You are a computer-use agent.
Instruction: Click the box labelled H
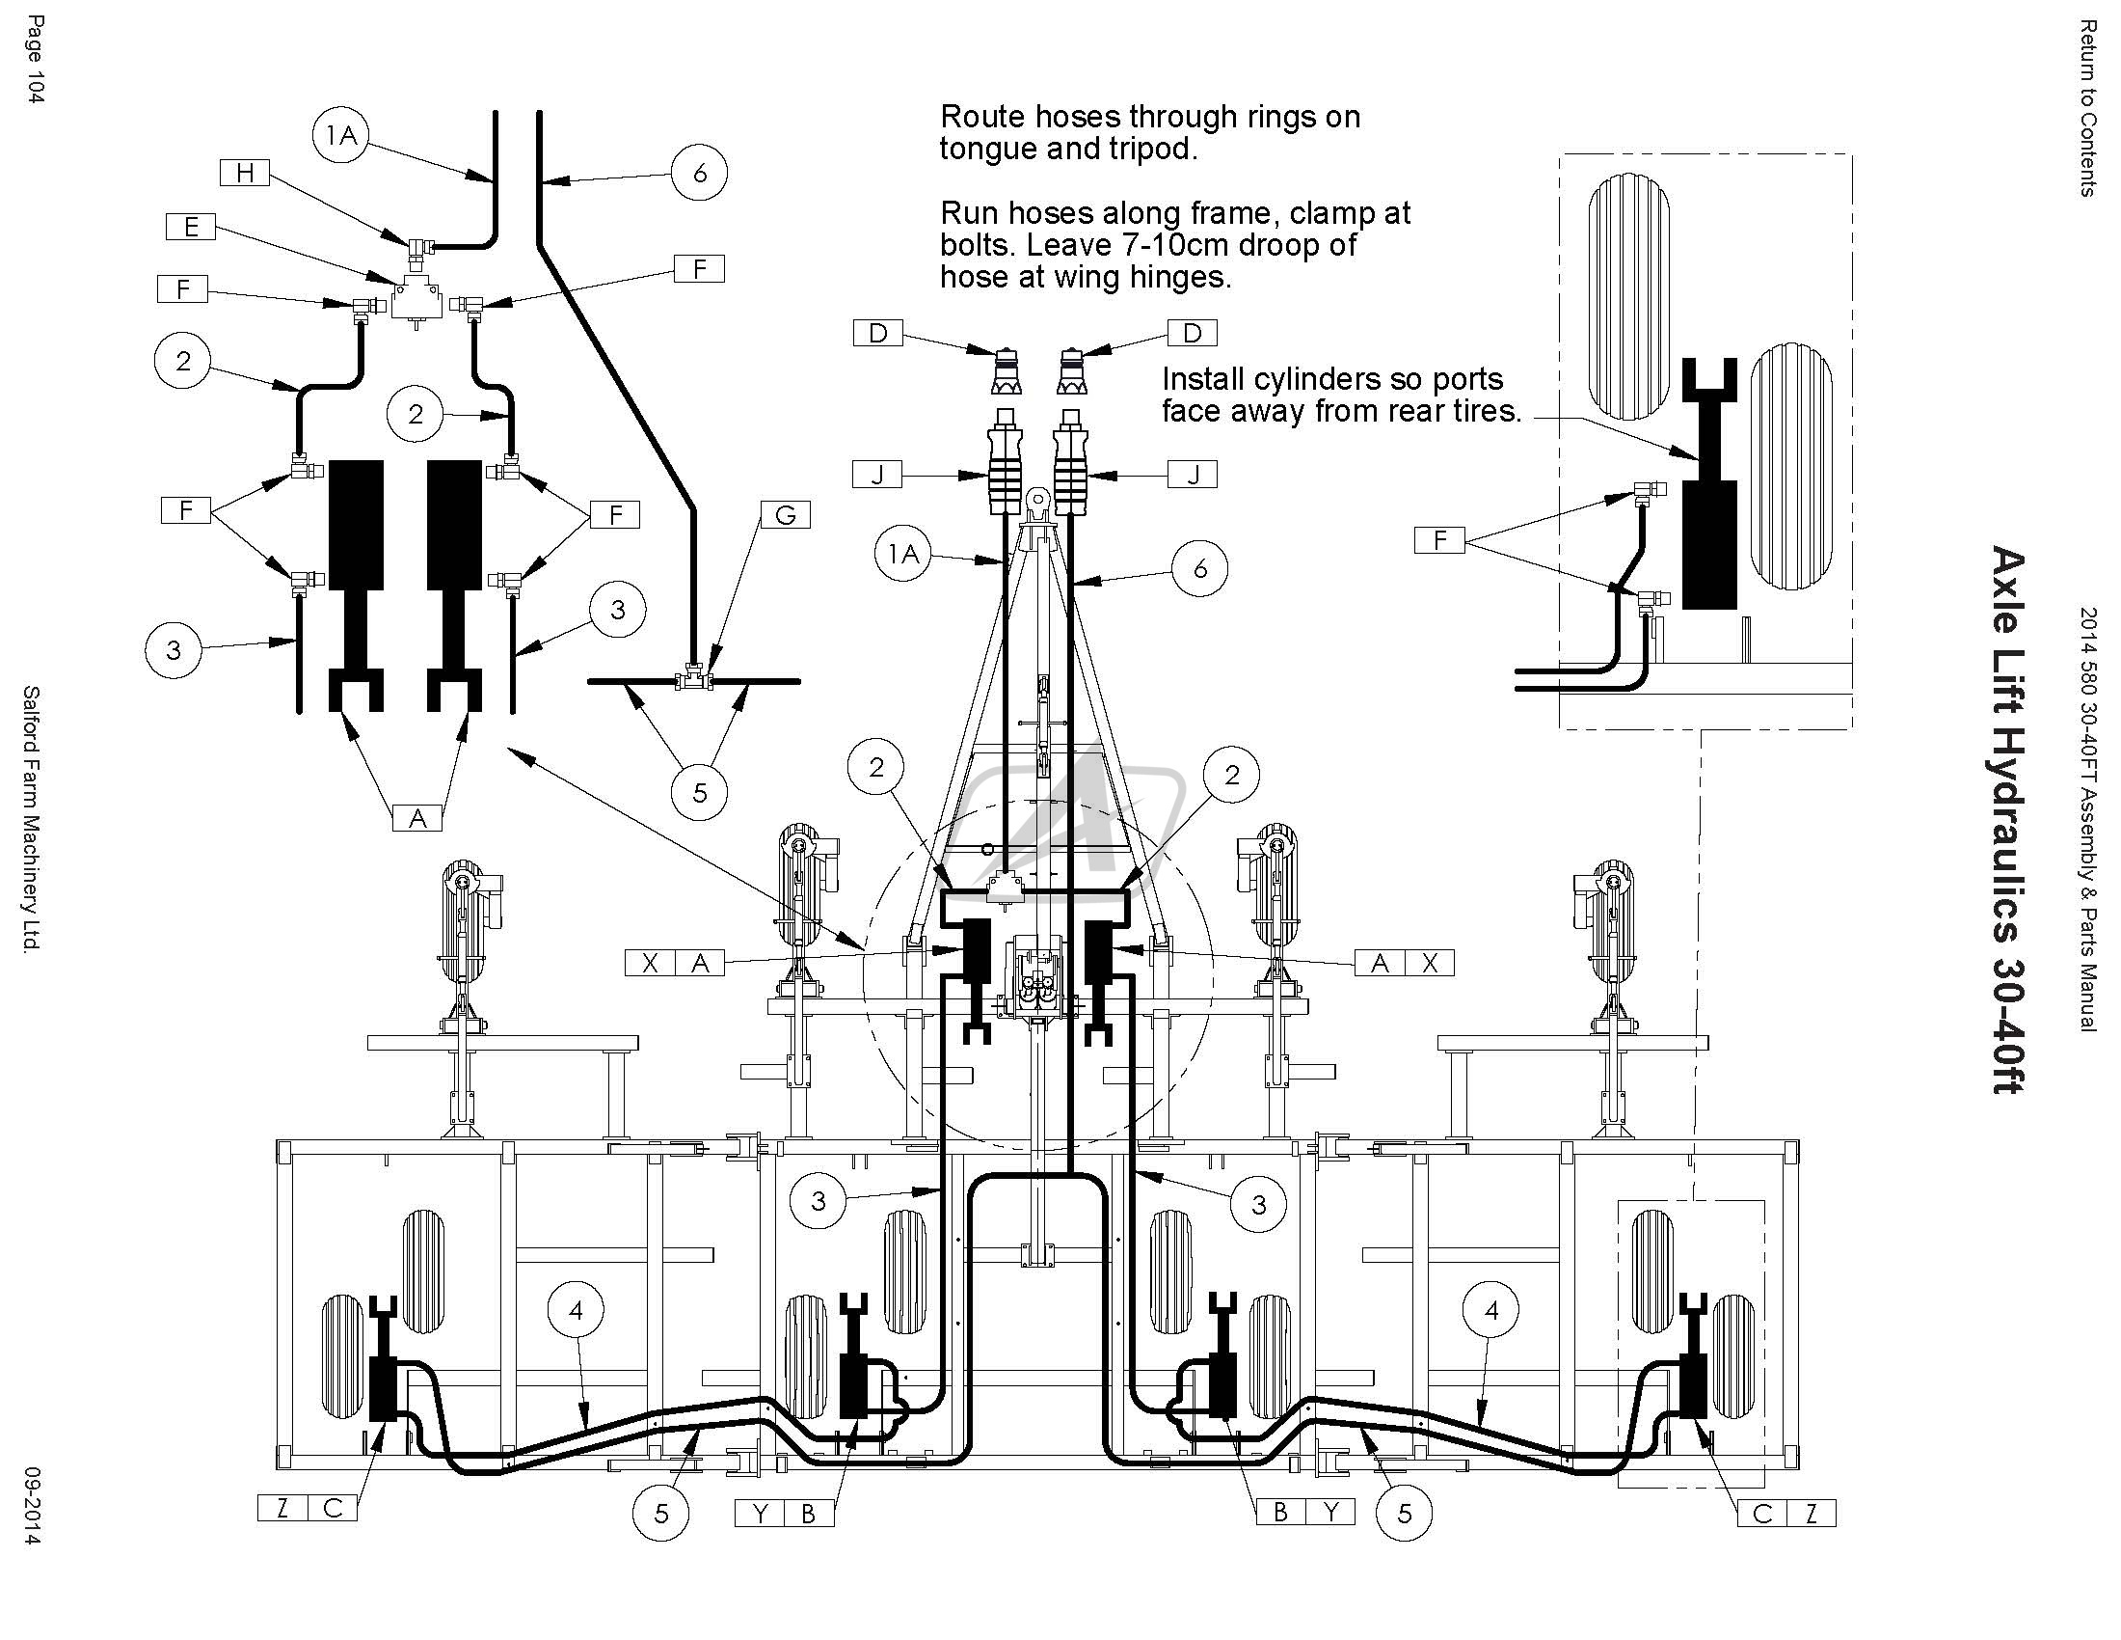tap(245, 173)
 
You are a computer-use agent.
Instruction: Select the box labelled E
tap(190, 227)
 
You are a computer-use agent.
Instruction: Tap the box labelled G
tap(785, 514)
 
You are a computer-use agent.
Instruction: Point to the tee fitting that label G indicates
tap(694, 677)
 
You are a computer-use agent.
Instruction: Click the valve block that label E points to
tap(417, 296)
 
